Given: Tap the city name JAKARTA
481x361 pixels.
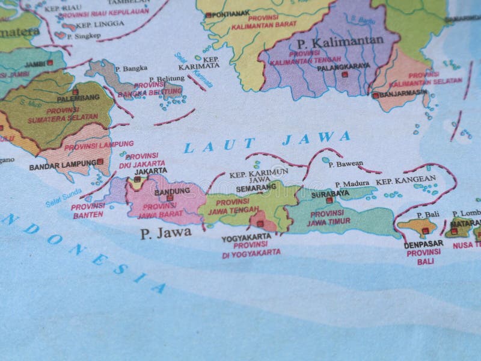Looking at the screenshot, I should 150,171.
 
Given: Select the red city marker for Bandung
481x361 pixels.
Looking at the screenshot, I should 170,198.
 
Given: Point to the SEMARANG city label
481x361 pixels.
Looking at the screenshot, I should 256,187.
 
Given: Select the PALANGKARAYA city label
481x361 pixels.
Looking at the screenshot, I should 343,66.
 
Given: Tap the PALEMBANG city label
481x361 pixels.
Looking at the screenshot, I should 78,99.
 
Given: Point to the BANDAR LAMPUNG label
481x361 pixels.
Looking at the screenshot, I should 62,163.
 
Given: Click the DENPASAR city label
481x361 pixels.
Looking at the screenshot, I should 424,244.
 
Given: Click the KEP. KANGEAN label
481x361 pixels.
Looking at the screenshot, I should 406,180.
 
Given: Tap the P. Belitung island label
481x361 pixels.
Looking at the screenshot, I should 165,79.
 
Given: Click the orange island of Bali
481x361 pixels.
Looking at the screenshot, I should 416,227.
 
